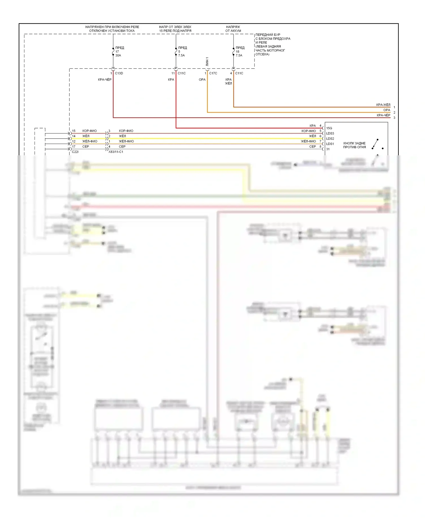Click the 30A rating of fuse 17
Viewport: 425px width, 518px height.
click(x=118, y=56)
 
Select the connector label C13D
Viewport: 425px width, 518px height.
click(x=119, y=73)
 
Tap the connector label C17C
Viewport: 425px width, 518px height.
click(x=213, y=73)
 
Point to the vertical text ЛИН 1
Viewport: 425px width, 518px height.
click(x=207, y=61)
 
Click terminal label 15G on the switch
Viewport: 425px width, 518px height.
click(x=329, y=128)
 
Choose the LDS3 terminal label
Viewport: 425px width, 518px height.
click(x=330, y=133)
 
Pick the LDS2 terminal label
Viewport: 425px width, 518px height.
click(x=330, y=139)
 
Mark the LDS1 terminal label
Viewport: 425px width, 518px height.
click(x=330, y=144)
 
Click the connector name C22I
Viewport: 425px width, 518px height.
click(x=75, y=152)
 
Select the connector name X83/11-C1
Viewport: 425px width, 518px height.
click(x=116, y=152)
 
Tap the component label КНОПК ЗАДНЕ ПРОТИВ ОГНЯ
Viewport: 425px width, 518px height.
click(x=354, y=145)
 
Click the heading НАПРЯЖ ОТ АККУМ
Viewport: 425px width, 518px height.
click(x=233, y=29)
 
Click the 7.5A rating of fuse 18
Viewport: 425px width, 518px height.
click(x=239, y=56)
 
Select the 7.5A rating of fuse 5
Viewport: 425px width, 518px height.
click(x=181, y=56)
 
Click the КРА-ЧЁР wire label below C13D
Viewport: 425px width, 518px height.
click(x=105, y=80)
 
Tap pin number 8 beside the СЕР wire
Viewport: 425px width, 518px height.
click(x=320, y=147)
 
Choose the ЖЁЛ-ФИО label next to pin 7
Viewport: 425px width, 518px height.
click(x=308, y=141)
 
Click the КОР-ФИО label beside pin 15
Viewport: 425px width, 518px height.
click(x=90, y=131)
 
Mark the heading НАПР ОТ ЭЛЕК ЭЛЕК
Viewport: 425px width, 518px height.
click(x=175, y=27)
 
